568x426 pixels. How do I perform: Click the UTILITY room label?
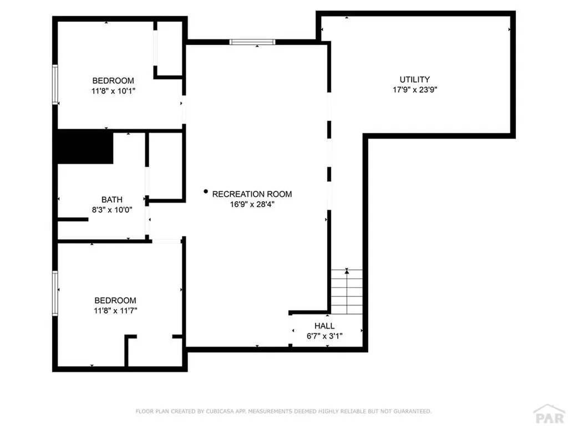pyautogui.click(x=414, y=79)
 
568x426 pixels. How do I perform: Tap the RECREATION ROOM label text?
pyautogui.click(x=252, y=194)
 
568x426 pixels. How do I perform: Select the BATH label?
pyautogui.click(x=111, y=200)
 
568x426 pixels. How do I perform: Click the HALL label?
pyautogui.click(x=324, y=326)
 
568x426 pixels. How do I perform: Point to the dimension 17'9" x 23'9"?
pyautogui.click(x=414, y=89)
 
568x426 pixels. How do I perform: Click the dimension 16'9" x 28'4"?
pyautogui.click(x=252, y=204)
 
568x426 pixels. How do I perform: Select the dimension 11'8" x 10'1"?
pyautogui.click(x=113, y=90)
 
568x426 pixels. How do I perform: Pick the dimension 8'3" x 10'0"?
pyautogui.click(x=111, y=210)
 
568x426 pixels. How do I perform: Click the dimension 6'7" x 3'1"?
pyautogui.click(x=324, y=336)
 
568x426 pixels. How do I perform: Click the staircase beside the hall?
pyautogui.click(x=347, y=292)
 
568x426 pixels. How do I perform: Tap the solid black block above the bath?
pyautogui.click(x=85, y=147)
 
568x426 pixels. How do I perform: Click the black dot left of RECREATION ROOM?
pyautogui.click(x=206, y=192)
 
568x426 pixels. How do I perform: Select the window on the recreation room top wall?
pyautogui.click(x=252, y=42)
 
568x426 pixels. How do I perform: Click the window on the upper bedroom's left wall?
pyautogui.click(x=55, y=84)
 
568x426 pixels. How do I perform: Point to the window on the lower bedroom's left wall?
pyautogui.click(x=55, y=293)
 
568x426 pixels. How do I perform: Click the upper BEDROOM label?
pyautogui.click(x=113, y=80)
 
